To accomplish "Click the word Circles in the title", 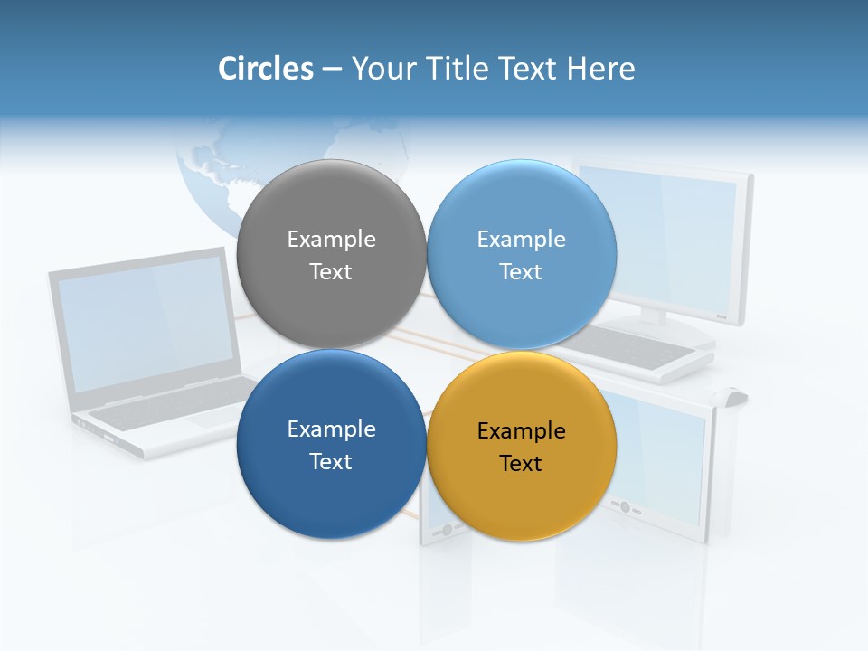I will [x=265, y=69].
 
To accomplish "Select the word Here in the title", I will [x=600, y=69].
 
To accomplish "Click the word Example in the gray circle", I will [x=331, y=240].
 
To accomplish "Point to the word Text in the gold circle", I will [x=521, y=464].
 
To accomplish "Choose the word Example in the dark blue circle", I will [x=331, y=429].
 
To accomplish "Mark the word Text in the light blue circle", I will [x=521, y=272].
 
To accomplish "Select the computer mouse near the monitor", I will [x=733, y=395].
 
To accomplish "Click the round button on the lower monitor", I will [x=624, y=507].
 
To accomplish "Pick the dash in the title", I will [x=332, y=69].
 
